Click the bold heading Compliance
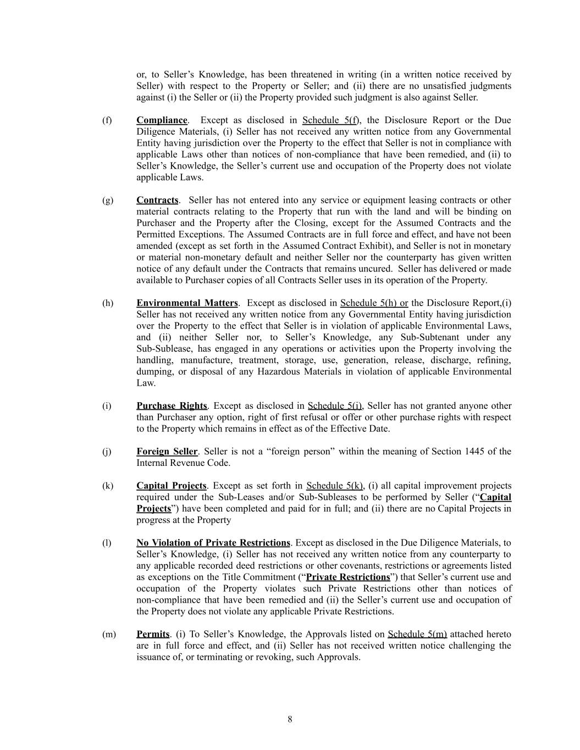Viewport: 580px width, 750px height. click(162, 120)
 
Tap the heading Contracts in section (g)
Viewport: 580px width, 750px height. click(157, 200)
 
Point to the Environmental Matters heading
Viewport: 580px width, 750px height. click(187, 303)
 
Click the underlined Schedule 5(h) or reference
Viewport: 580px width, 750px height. click(374, 303)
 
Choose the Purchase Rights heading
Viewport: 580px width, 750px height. click(172, 406)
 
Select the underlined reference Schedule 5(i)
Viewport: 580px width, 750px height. click(335, 406)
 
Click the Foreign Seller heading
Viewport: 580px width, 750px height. click(167, 452)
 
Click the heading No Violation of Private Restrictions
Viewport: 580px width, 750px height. click(213, 543)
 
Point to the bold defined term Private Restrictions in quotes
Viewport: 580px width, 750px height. click(348, 577)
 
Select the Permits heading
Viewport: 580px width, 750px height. click(153, 634)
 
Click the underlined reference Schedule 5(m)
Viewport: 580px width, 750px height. click(417, 634)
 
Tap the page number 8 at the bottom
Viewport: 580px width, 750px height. click(290, 720)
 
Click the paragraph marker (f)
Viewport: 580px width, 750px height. click(107, 120)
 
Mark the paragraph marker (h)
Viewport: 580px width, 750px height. click(107, 303)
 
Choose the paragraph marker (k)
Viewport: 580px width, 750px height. click(107, 486)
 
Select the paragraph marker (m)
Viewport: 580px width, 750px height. click(109, 634)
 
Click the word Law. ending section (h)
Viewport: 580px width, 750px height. click(146, 383)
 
